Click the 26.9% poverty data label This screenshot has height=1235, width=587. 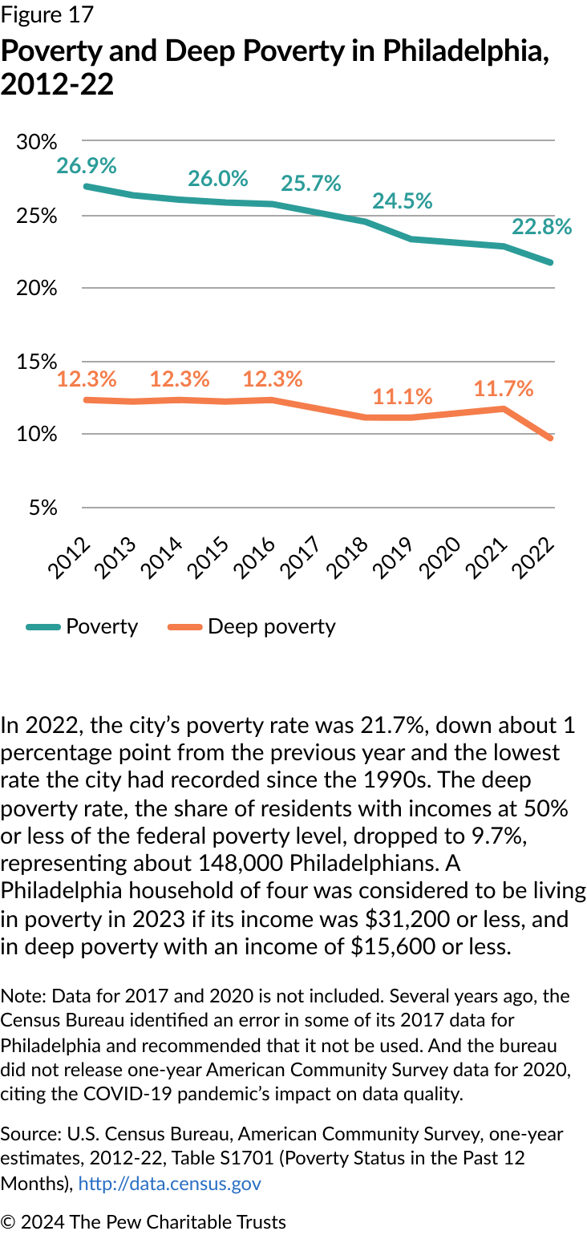click(x=87, y=166)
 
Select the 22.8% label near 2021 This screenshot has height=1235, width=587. click(x=542, y=227)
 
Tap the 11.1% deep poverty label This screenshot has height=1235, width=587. click(x=403, y=396)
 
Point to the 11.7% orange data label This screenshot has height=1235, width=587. click(x=504, y=389)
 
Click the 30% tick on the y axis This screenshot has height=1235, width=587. click(x=37, y=142)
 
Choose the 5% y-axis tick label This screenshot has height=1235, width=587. click(x=43, y=508)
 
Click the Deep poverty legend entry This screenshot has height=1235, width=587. click(x=271, y=626)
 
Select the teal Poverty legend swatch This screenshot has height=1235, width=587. click(x=43, y=627)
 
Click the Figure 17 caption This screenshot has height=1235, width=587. click(x=47, y=14)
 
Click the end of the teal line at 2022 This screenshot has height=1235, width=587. click(x=552, y=262)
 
